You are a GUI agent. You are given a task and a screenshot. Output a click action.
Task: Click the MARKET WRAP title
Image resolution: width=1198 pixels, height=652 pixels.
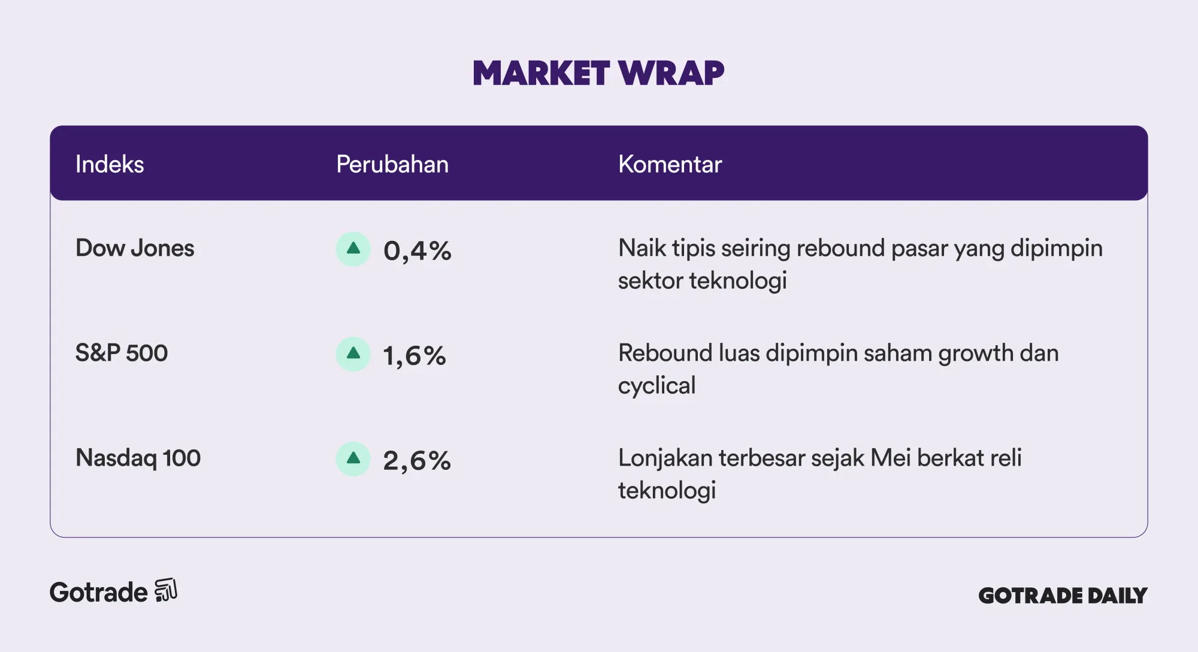[598, 73]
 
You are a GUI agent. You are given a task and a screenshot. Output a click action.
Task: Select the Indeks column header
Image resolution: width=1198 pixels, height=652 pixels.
[110, 164]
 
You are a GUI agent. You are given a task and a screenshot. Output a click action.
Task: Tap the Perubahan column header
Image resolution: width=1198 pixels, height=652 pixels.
[392, 164]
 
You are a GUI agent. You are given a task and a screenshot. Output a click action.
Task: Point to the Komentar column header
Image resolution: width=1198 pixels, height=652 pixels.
[670, 164]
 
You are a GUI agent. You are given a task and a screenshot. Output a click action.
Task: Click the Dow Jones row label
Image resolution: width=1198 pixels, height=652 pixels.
[135, 248]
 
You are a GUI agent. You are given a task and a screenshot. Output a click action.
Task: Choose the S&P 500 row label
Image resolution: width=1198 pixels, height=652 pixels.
[122, 353]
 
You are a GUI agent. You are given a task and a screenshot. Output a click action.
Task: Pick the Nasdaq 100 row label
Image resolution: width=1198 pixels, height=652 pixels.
[138, 458]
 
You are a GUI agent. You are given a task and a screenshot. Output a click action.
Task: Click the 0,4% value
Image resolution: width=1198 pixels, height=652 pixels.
[417, 250]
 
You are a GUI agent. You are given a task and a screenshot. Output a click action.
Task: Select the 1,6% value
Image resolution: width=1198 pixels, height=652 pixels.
[415, 355]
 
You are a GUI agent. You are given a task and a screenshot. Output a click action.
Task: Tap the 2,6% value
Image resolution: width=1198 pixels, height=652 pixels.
[417, 460]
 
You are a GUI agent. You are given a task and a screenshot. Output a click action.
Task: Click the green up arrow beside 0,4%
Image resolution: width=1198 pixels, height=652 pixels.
[353, 249]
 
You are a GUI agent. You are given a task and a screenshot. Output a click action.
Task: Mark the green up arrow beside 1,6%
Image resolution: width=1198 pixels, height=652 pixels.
[353, 354]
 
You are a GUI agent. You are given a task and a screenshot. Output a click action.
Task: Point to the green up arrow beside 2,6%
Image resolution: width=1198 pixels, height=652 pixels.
[353, 458]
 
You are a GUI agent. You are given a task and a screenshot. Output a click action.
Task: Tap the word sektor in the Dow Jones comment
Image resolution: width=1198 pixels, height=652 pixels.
[650, 280]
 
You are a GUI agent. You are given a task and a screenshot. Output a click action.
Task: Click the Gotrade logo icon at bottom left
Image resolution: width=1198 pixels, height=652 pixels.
[166, 590]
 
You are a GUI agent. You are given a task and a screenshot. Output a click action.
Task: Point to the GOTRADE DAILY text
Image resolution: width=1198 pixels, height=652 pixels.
[1063, 595]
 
